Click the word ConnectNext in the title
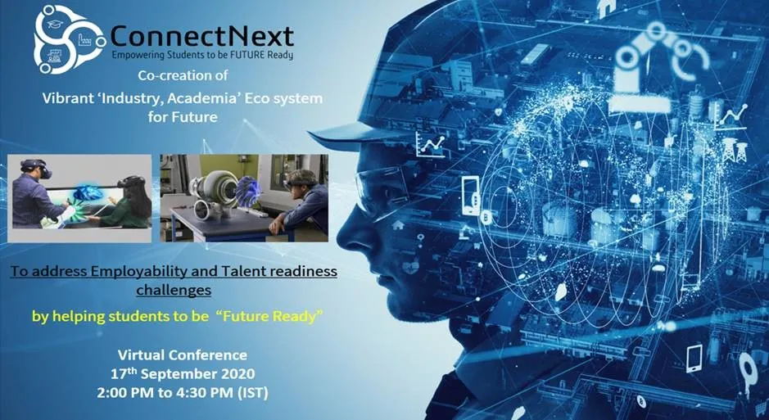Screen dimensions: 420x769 201,36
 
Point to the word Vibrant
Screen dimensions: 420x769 70,98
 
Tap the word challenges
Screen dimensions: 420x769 173,289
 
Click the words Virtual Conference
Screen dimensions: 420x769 182,355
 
